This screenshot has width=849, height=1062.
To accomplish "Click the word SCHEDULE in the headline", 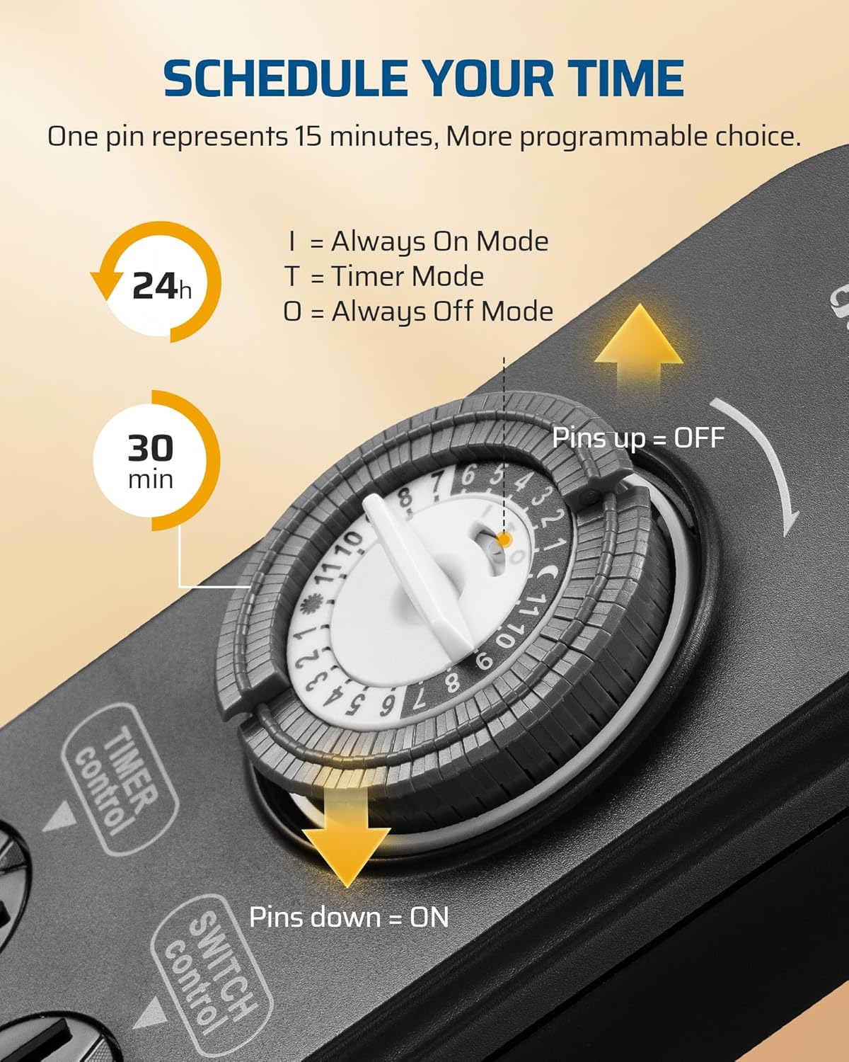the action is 286,79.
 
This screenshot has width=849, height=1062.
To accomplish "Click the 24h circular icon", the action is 156,282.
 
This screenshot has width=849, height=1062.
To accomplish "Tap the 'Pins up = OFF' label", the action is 638,438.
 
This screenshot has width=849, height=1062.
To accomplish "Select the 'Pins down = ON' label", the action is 349,918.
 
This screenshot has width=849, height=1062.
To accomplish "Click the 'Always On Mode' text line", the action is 417,242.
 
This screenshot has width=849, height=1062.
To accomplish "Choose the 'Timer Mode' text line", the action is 384,276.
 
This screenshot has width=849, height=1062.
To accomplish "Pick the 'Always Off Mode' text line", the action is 418,312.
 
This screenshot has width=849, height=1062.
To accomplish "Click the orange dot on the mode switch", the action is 504,539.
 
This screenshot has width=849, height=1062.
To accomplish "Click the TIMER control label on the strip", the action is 118,779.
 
